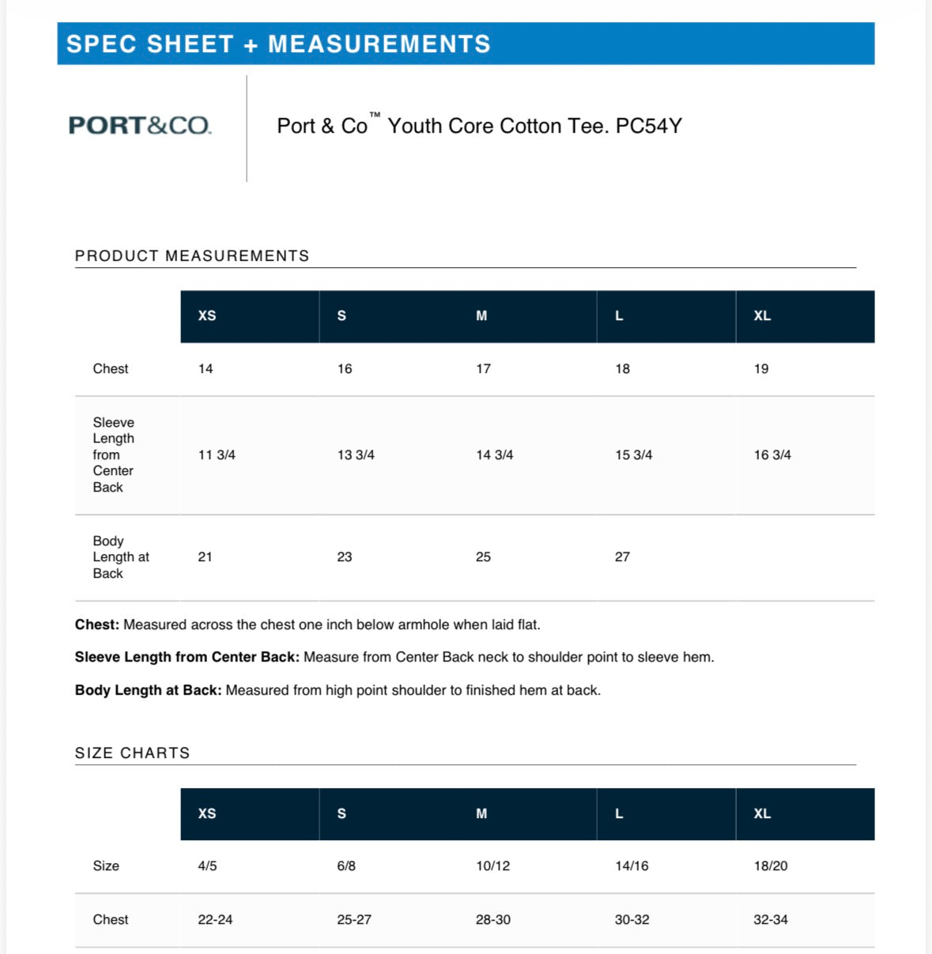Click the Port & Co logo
140,126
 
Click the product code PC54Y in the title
648,126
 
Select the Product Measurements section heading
192,256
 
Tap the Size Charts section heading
133,753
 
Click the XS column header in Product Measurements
207,316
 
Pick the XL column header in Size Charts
762,814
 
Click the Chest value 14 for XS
206,369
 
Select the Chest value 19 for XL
761,369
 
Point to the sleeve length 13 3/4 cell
356,455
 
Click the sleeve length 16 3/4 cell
772,455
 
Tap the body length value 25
483,557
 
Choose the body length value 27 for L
622,557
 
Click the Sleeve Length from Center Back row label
113,455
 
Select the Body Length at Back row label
120,557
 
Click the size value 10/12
492,866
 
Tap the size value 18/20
771,866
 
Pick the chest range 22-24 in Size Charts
215,920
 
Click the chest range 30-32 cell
632,920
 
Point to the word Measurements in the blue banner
379,44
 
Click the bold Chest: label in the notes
97,625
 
